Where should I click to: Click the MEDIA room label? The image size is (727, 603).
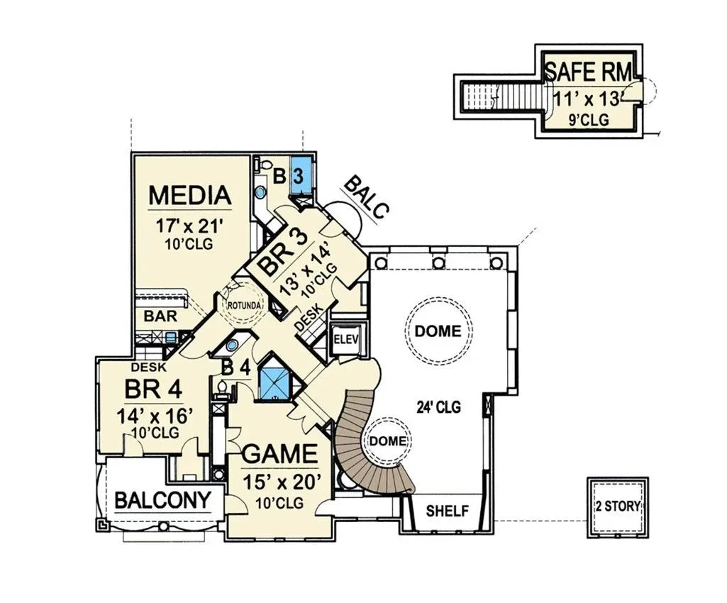189,195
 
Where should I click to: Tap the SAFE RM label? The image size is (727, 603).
587,72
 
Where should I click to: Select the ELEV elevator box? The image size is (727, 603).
346,340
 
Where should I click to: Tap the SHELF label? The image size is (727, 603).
447,511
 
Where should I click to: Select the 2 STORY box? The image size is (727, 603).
618,507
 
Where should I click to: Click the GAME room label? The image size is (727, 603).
279,453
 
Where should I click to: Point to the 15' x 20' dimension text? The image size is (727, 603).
282,482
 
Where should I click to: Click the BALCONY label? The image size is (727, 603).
162,500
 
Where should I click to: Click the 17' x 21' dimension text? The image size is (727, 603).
189,226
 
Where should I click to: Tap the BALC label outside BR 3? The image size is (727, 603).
366,197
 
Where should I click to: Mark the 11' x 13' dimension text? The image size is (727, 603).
587,99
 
